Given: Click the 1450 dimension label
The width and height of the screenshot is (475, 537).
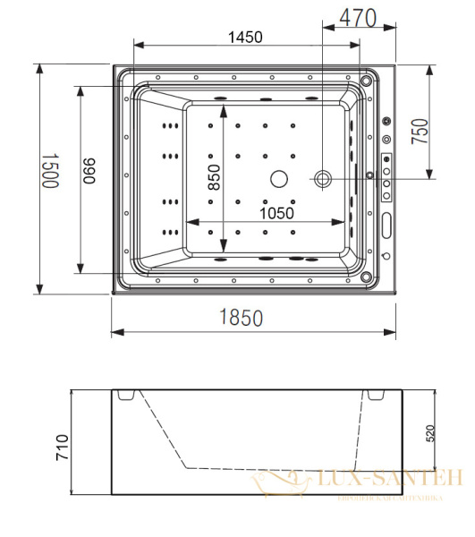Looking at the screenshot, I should (245, 37).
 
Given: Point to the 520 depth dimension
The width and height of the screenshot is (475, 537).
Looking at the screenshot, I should (431, 436).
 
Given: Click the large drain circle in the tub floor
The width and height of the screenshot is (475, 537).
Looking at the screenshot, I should (278, 178).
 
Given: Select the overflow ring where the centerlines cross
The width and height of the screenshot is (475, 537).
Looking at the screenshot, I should (322, 179).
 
